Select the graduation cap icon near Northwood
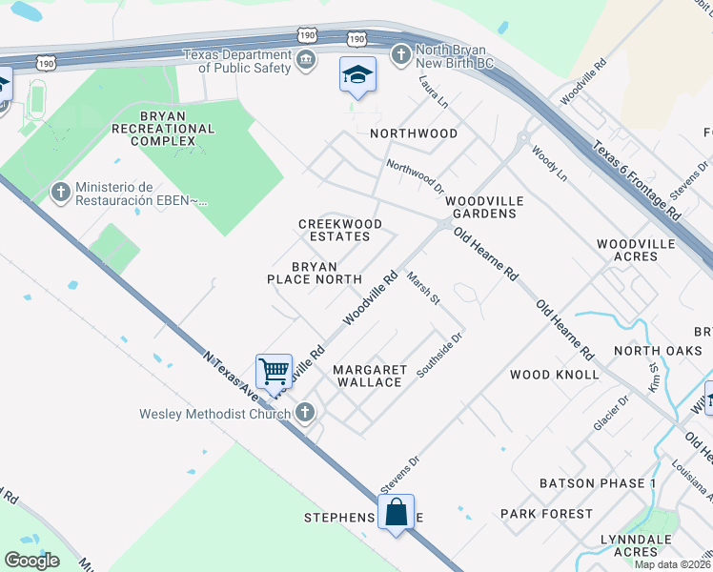coord(357,74)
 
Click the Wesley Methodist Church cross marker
coord(305,413)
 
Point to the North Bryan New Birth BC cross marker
coord(401,54)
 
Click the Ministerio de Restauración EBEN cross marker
coord(61,193)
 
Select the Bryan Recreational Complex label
coord(153,128)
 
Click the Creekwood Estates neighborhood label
coord(340,230)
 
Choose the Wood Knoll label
coord(555,375)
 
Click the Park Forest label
coord(546,514)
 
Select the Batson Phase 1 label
coord(598,483)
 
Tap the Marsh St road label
coord(422,289)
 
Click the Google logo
coord(32,560)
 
